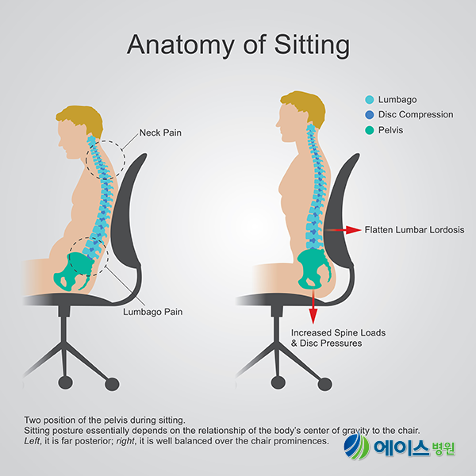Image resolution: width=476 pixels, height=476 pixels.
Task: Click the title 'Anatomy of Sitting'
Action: click(x=238, y=45)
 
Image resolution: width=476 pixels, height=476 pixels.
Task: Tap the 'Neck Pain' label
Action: click(x=160, y=132)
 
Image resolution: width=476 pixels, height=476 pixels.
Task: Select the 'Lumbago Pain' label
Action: click(x=152, y=312)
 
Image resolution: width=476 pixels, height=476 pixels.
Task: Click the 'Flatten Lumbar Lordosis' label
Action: click(x=414, y=230)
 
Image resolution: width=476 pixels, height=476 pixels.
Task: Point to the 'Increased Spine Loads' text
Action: click(x=338, y=332)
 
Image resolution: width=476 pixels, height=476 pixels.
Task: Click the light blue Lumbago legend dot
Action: click(x=370, y=100)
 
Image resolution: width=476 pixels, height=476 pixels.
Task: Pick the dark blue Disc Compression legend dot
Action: click(x=370, y=114)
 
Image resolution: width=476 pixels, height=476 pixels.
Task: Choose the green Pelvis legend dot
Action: click(x=370, y=130)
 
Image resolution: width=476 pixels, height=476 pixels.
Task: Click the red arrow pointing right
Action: click(x=343, y=230)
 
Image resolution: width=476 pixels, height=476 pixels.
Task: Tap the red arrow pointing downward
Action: click(x=313, y=306)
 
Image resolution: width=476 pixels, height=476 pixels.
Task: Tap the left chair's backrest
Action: click(x=126, y=213)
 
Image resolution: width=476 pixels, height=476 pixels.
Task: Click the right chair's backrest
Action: click(x=339, y=213)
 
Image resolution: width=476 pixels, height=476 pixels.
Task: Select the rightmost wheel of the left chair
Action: click(x=112, y=384)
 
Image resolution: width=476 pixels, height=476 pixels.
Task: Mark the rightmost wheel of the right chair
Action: click(x=324, y=384)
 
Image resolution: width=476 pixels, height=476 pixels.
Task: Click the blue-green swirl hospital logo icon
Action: click(x=357, y=447)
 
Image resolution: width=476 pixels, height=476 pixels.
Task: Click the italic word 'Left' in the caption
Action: click(x=32, y=441)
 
